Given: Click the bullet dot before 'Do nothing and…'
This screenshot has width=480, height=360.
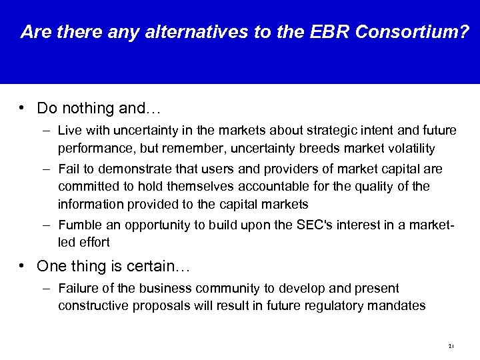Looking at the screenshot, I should pyautogui.click(x=23, y=107).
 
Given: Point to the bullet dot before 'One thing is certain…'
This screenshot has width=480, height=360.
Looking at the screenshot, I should pyautogui.click(x=23, y=266).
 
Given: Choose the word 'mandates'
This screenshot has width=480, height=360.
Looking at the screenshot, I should pyautogui.click(x=403, y=305).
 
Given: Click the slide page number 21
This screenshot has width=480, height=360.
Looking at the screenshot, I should pyautogui.click(x=451, y=346).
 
